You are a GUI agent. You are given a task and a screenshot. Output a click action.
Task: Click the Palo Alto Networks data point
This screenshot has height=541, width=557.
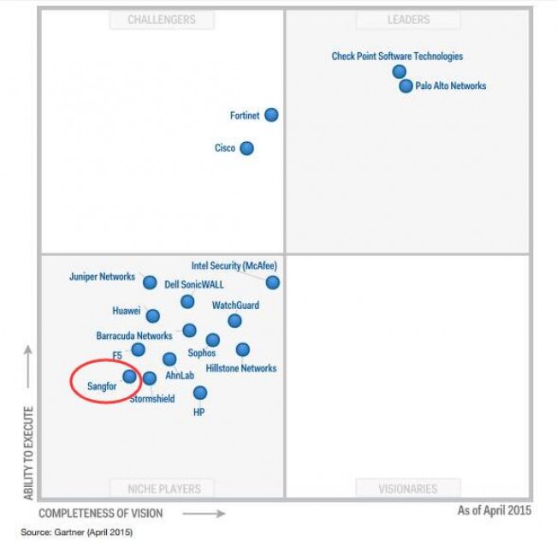pos(406,86)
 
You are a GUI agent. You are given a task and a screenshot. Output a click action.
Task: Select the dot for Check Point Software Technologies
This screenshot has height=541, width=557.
pos(399,71)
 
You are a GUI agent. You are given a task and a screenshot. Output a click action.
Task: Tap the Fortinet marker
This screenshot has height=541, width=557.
pos(271,115)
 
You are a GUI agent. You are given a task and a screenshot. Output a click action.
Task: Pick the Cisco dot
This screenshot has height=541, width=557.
pos(246,148)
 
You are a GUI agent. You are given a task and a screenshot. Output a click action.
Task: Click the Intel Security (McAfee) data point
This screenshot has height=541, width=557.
pos(272,282)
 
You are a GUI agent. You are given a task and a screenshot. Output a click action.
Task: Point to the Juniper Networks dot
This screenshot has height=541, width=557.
pos(150,282)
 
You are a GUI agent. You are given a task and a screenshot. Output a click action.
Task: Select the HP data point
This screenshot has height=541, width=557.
pos(199,393)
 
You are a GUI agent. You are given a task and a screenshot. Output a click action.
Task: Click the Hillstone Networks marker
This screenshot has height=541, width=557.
pos(243,349)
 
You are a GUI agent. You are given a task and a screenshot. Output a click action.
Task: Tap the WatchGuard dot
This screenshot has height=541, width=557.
pos(234,321)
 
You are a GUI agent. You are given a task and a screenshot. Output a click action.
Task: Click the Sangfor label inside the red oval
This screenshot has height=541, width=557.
pos(101,386)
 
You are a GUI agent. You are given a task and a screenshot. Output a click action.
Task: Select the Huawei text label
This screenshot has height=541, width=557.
pos(127,311)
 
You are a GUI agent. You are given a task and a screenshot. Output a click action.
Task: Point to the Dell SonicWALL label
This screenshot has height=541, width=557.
pos(194,284)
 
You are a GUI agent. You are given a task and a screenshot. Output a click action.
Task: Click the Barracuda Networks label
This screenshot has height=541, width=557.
pos(134,336)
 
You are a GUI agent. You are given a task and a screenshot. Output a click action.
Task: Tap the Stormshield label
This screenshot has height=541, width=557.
pos(152,399)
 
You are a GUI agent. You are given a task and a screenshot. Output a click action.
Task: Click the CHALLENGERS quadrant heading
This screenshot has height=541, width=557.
pos(162,20)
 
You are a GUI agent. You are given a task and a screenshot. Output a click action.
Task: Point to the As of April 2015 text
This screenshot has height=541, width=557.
pos(494,510)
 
